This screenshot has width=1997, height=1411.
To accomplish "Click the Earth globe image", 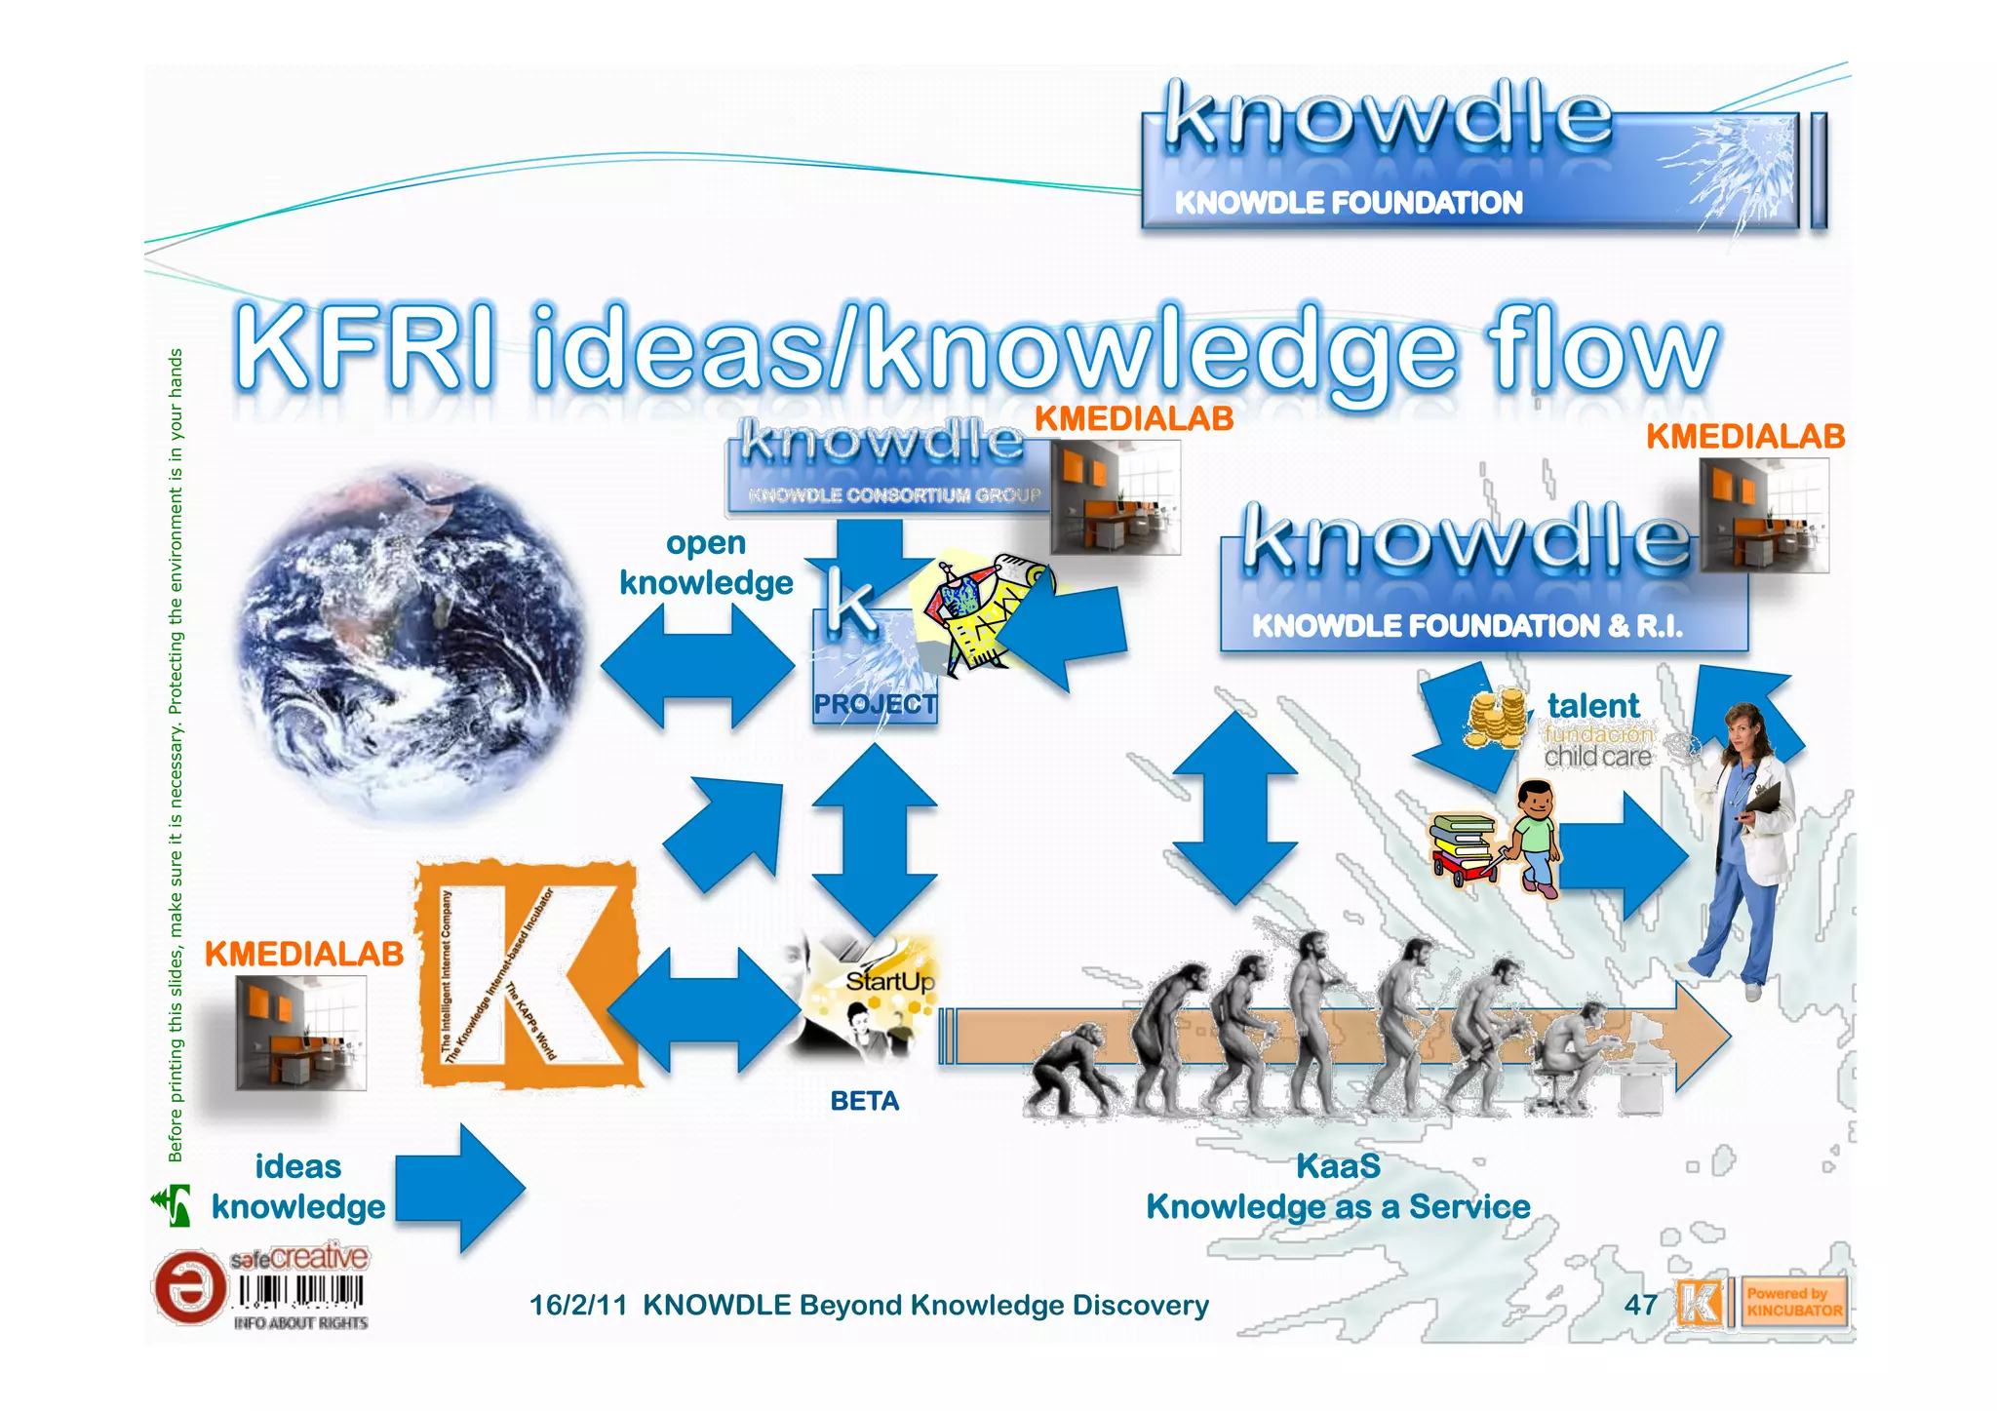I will pyautogui.click(x=410, y=644).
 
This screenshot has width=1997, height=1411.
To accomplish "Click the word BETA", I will pyautogui.click(x=864, y=1101).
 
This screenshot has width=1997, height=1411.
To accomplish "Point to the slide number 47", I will pyautogui.click(x=1640, y=1305).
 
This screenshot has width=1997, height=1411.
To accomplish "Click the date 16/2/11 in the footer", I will pyautogui.click(x=577, y=1305).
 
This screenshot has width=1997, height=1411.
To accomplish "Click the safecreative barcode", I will pyautogui.click(x=300, y=1293).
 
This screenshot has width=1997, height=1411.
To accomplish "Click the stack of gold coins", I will pyautogui.click(x=1495, y=719).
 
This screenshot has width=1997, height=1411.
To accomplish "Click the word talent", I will pyautogui.click(x=1593, y=705).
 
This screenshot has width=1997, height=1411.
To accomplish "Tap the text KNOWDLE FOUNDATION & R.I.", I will pyautogui.click(x=1467, y=626).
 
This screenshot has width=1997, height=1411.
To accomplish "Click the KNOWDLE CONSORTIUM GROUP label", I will pyautogui.click(x=893, y=495).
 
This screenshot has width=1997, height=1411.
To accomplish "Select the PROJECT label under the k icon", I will pyautogui.click(x=875, y=704).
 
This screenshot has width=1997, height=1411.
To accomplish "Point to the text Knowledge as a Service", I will pyautogui.click(x=1338, y=1207).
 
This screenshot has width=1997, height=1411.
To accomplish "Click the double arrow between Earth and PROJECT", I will pyautogui.click(x=698, y=667).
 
